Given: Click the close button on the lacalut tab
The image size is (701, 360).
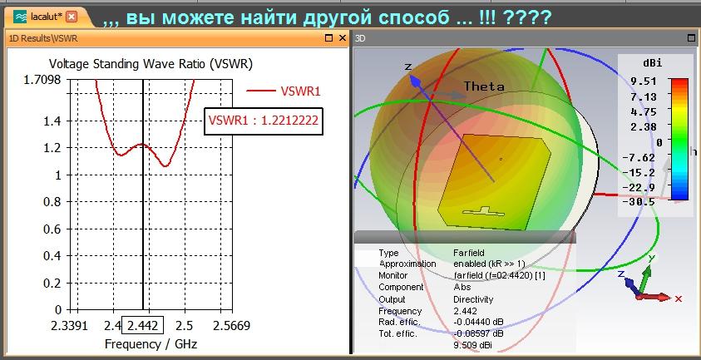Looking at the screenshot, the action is click(x=71, y=17).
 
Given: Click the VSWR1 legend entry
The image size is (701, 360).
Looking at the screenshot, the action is click(x=284, y=91).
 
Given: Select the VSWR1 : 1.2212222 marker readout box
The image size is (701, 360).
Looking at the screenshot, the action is click(x=264, y=121).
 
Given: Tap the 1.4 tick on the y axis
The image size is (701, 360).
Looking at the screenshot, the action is click(x=52, y=121).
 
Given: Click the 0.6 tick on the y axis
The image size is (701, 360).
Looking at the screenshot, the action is click(x=52, y=229).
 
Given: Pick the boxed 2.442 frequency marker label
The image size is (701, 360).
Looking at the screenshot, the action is click(x=143, y=325).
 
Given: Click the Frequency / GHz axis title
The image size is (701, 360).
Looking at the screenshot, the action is click(x=151, y=344).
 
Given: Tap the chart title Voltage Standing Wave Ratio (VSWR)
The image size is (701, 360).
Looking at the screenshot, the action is click(x=151, y=64).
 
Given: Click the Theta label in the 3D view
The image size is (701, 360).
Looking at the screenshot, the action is click(x=484, y=86).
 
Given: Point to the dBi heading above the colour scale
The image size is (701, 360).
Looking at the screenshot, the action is click(x=653, y=63).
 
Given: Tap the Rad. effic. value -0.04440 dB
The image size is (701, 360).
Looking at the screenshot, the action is click(x=478, y=323).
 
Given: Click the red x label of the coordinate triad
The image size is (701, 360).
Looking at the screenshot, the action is click(x=679, y=298).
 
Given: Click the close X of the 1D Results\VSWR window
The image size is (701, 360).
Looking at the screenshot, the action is click(x=343, y=38).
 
